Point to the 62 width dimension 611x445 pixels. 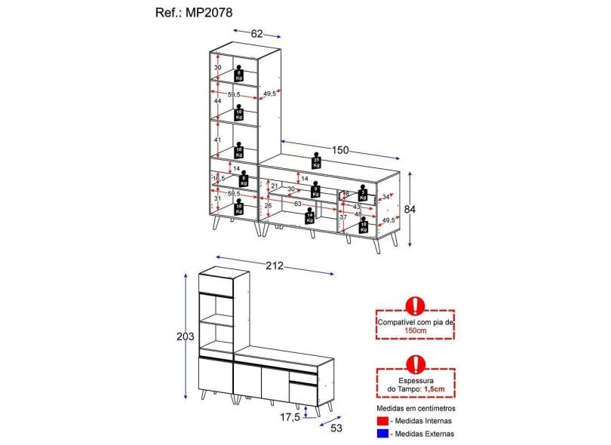pyautogui.click(x=256, y=32)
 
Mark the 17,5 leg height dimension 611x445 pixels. pyautogui.click(x=290, y=416)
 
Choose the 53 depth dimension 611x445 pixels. pyautogui.click(x=336, y=428)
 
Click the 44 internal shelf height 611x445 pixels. pyautogui.click(x=217, y=100)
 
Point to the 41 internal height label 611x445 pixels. pyautogui.click(x=217, y=140)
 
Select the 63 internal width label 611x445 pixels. pyautogui.click(x=298, y=204)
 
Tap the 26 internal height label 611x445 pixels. pyautogui.click(x=268, y=205)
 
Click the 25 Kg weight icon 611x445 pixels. pyautogui.click(x=317, y=161)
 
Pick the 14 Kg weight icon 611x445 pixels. pyautogui.click(x=309, y=217)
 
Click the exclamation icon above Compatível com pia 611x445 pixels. pyautogui.click(x=415, y=305)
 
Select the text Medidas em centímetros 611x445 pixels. pyautogui.click(x=416, y=408)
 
